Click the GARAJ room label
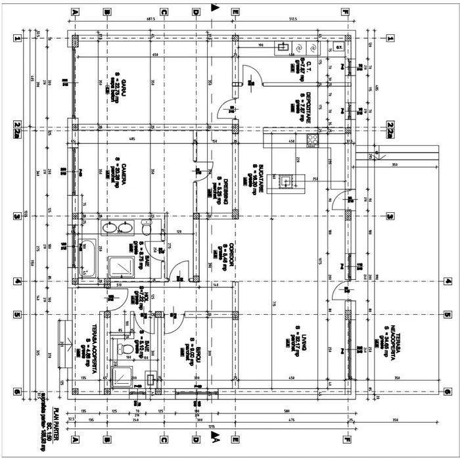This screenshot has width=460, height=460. (x=123, y=83)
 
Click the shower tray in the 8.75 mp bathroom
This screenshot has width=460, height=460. (x=120, y=265)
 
